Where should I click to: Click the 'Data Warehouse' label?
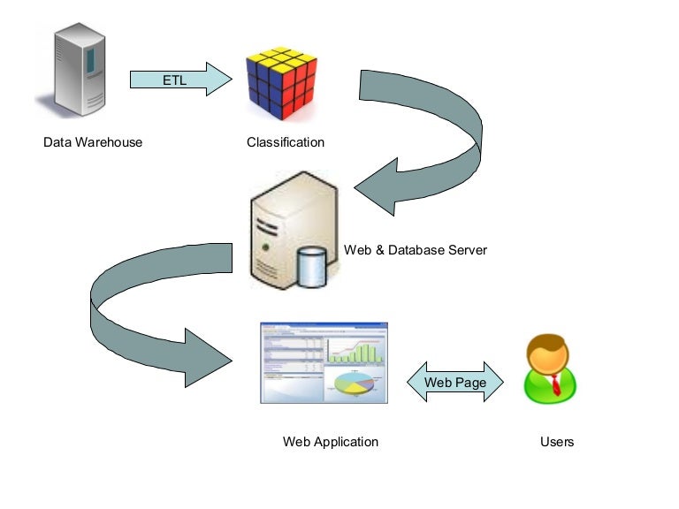tap(93, 142)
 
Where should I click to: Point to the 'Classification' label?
tap(286, 142)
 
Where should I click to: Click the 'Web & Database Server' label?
tap(416, 250)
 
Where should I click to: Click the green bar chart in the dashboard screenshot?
tap(357, 350)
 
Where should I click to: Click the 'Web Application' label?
tap(331, 442)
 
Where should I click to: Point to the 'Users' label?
tap(557, 442)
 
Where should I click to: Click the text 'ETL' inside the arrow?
tap(175, 80)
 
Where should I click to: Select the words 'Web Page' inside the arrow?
tap(454, 383)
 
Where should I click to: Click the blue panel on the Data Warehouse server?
tap(90, 61)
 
